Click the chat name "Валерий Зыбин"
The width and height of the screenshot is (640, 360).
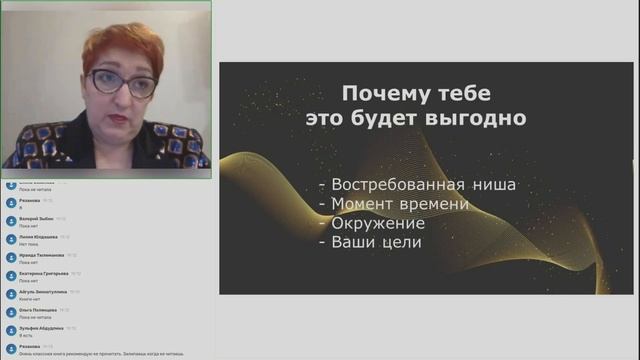[x=36, y=217]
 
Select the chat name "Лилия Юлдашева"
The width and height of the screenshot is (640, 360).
[x=38, y=236]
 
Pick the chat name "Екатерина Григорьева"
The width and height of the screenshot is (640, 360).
[x=43, y=273]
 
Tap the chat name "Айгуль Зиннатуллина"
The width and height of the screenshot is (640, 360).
[x=43, y=291]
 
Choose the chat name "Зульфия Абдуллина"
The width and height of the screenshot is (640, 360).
[x=41, y=328]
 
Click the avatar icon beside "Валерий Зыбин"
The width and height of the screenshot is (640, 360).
[x=10, y=220]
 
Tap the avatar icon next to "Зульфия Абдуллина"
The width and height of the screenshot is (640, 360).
[x=10, y=331]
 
